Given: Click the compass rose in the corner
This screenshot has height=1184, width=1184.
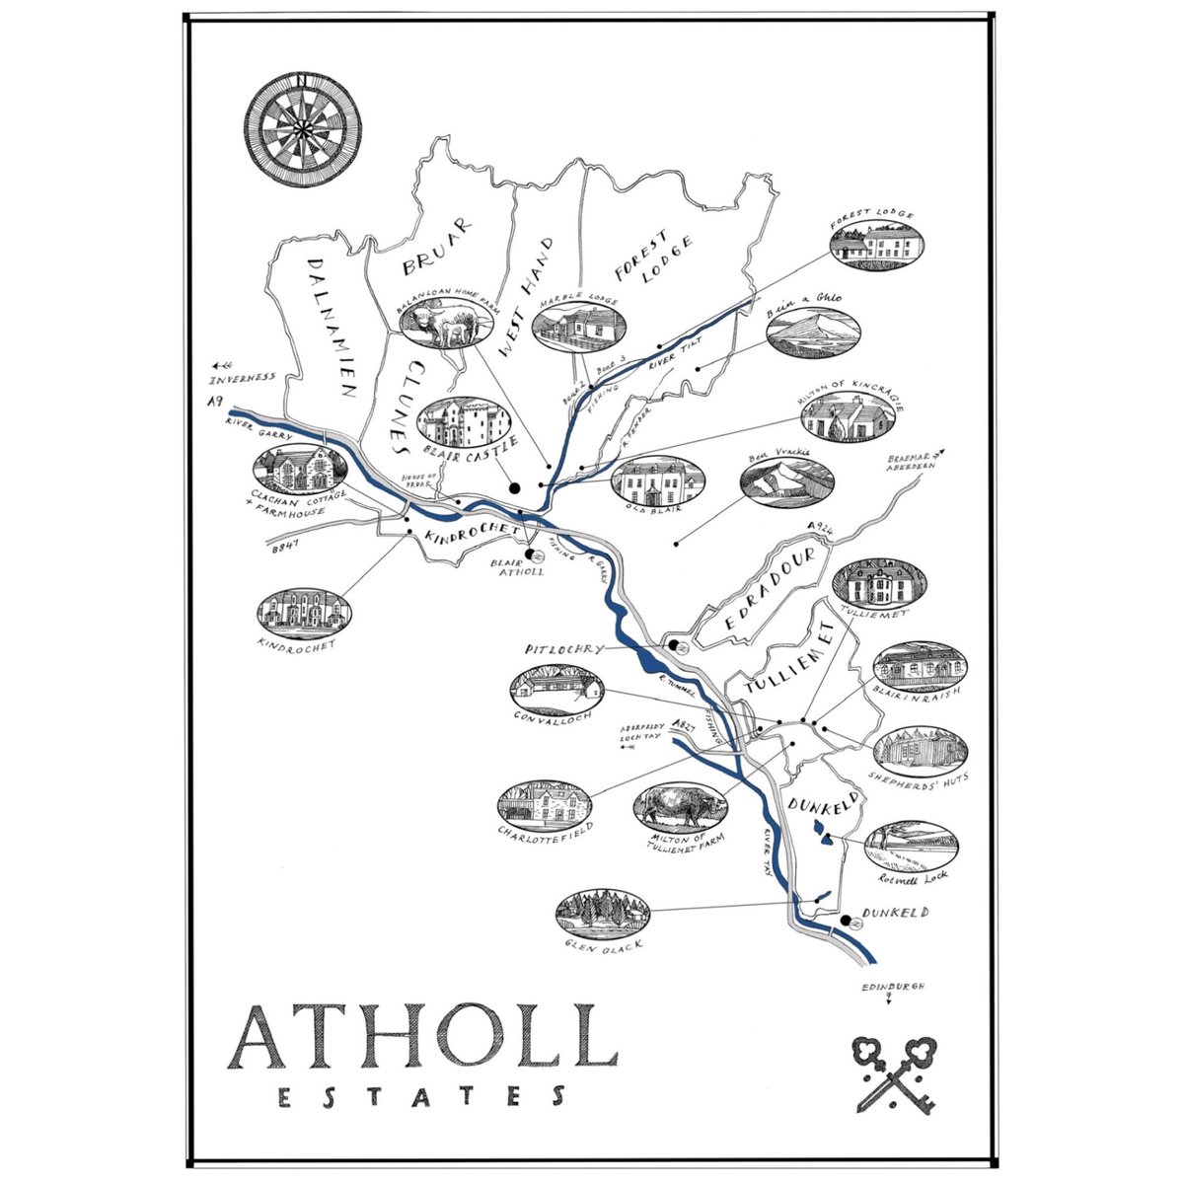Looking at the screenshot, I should coord(303,129).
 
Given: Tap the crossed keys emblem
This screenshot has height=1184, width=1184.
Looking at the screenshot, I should coord(895,1073).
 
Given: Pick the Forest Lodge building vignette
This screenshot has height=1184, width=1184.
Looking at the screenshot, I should coord(876,244).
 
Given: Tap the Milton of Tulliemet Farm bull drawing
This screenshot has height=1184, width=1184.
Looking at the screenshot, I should coord(682,807).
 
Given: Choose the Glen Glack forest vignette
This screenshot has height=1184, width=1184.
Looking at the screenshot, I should coord(602,913).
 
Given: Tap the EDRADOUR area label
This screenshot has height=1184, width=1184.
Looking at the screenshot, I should coord(771,589).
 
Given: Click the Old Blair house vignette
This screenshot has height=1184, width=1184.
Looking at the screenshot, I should coord(657,481).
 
